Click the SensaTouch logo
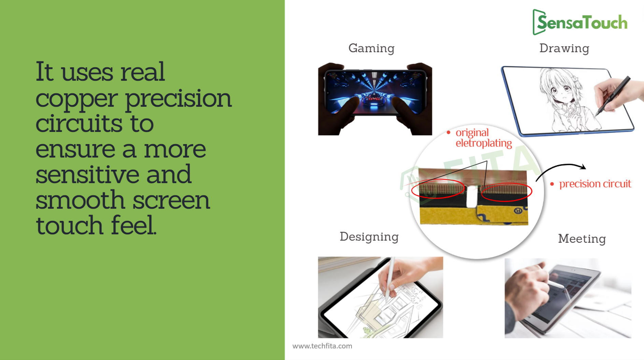coord(580,22)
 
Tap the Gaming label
coord(371,48)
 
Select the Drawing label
coord(564,48)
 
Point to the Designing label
coord(369,237)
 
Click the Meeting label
coord(582,239)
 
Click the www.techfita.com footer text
coord(322,346)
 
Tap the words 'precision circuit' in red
coord(595,184)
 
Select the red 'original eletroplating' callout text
coord(484,138)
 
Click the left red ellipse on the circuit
coord(438,189)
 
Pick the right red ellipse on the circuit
coord(506,192)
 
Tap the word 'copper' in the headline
coord(77,99)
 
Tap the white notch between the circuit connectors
coord(472,197)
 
